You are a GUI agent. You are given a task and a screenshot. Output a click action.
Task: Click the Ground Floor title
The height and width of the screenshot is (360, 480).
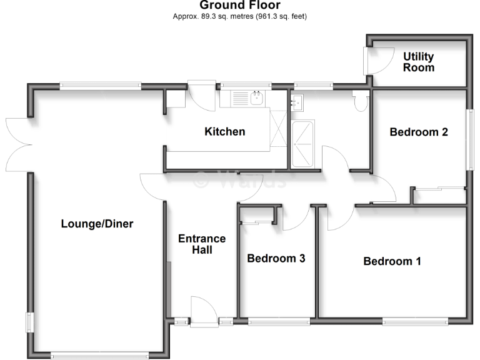coord(240,6)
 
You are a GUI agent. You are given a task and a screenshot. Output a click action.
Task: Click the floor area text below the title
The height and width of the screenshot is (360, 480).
coord(240,16)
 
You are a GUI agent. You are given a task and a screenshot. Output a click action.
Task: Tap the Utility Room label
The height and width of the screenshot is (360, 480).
coord(419,62)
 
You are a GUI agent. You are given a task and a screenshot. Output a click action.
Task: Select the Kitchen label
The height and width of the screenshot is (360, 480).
coord(225,132)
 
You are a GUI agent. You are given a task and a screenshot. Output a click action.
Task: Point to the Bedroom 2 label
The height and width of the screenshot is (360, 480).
coord(419,132)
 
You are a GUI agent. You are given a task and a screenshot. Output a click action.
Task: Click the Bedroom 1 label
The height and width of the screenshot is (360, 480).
coord(392,261)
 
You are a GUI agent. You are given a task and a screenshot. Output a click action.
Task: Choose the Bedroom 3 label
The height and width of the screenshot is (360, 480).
coord(276,258)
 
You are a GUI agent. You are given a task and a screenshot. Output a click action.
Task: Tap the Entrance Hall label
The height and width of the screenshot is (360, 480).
coord(202,244)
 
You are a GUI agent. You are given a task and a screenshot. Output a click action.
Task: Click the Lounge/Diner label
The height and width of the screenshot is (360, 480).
coord(97,223)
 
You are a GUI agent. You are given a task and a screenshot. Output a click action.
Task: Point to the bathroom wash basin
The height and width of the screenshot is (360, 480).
coord(297,101)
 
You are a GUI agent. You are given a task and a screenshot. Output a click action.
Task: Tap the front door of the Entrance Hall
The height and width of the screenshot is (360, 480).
coord(201,312)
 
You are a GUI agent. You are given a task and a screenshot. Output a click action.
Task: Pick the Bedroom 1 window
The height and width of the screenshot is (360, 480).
coord(415,322)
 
